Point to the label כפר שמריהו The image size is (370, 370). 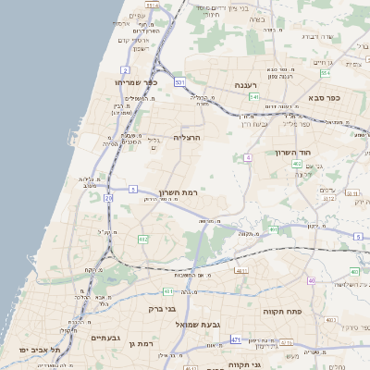138,81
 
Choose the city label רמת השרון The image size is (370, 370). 179,191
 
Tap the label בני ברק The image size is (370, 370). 163,310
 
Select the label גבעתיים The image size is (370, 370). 107,338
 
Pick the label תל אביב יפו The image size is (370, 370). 41,351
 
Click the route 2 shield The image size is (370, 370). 125,69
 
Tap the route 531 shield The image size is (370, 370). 179,82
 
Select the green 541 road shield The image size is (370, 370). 253,96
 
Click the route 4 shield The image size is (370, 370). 248,158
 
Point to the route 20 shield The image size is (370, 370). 108,197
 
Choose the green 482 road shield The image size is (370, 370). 142,239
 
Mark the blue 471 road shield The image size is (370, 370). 236,340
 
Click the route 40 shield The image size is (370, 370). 312,280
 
